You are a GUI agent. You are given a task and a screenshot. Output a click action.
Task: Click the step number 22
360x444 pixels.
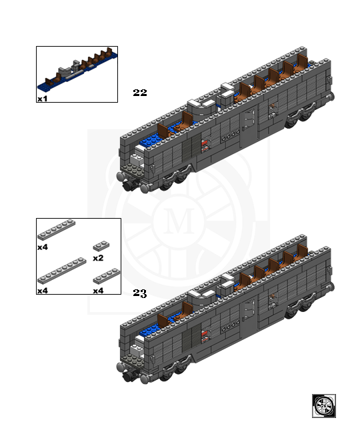(x=140, y=93)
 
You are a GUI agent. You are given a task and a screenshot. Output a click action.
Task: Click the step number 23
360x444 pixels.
(x=140, y=293)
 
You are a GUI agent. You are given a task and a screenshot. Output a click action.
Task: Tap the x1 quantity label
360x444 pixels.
(x=43, y=99)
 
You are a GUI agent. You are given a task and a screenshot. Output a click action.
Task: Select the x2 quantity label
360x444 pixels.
(x=98, y=258)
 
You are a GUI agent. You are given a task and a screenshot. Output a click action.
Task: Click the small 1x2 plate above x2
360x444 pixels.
(x=101, y=246)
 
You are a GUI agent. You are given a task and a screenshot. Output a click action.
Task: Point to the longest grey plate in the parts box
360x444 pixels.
(x=62, y=271)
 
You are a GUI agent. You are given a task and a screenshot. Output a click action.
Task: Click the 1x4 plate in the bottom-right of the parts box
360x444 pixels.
(x=107, y=276)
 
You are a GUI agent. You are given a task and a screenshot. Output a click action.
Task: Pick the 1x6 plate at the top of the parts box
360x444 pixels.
(x=57, y=230)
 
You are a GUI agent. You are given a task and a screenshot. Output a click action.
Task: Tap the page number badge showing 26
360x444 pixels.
(x=324, y=406)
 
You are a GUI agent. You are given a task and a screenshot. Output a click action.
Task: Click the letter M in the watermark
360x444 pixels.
(x=179, y=221)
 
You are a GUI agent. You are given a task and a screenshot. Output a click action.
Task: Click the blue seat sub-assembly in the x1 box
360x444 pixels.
(x=77, y=69)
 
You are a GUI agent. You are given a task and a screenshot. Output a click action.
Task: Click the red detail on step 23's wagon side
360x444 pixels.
(x=205, y=335)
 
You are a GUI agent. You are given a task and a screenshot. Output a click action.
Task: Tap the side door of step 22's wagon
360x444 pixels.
(x=249, y=124)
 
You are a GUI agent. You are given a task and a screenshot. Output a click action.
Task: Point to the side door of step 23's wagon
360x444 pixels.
(x=249, y=315)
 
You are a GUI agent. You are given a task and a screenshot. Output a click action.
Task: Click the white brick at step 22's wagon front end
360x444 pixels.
(x=137, y=159)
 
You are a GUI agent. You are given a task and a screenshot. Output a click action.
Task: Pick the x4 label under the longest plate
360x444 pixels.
(x=43, y=291)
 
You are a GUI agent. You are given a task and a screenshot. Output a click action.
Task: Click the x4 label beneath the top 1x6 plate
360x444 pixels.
(x=43, y=247)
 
